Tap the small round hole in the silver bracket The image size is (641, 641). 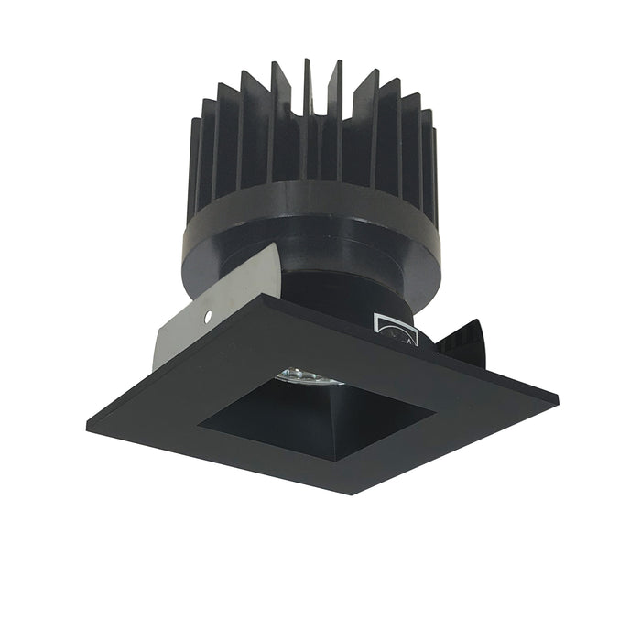tap(210, 318)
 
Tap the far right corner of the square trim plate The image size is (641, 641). tap(557, 400)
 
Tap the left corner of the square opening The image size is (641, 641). tap(199, 422)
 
